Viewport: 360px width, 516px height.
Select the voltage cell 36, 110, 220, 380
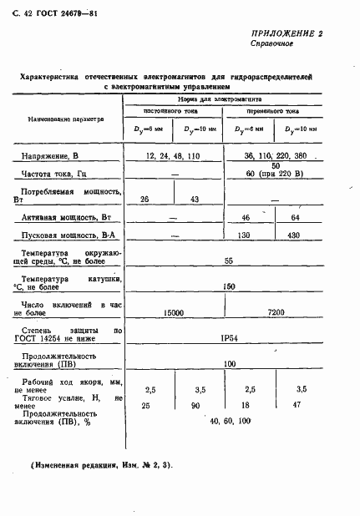tap(276, 156)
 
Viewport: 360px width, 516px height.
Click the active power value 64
tap(295, 217)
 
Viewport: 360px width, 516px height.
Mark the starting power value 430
tap(296, 235)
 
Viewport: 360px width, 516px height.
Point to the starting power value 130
tap(246, 235)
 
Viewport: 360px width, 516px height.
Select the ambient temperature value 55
tap(229, 261)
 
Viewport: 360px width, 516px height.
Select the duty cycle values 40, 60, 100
tap(231, 420)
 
